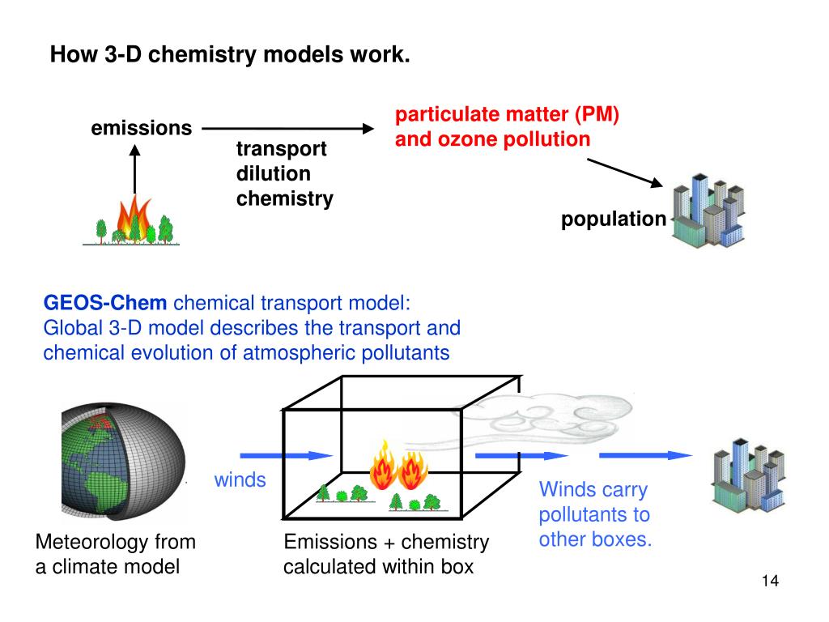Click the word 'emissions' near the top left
141,128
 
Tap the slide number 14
769,582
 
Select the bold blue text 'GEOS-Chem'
105,304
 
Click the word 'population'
614,219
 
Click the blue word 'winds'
240,480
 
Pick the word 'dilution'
273,173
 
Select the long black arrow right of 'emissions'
287,128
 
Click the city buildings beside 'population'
708,211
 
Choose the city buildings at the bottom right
742,478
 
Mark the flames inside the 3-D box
398,468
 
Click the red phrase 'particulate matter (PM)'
507,114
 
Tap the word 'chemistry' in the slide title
192,56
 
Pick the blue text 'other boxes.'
595,539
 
